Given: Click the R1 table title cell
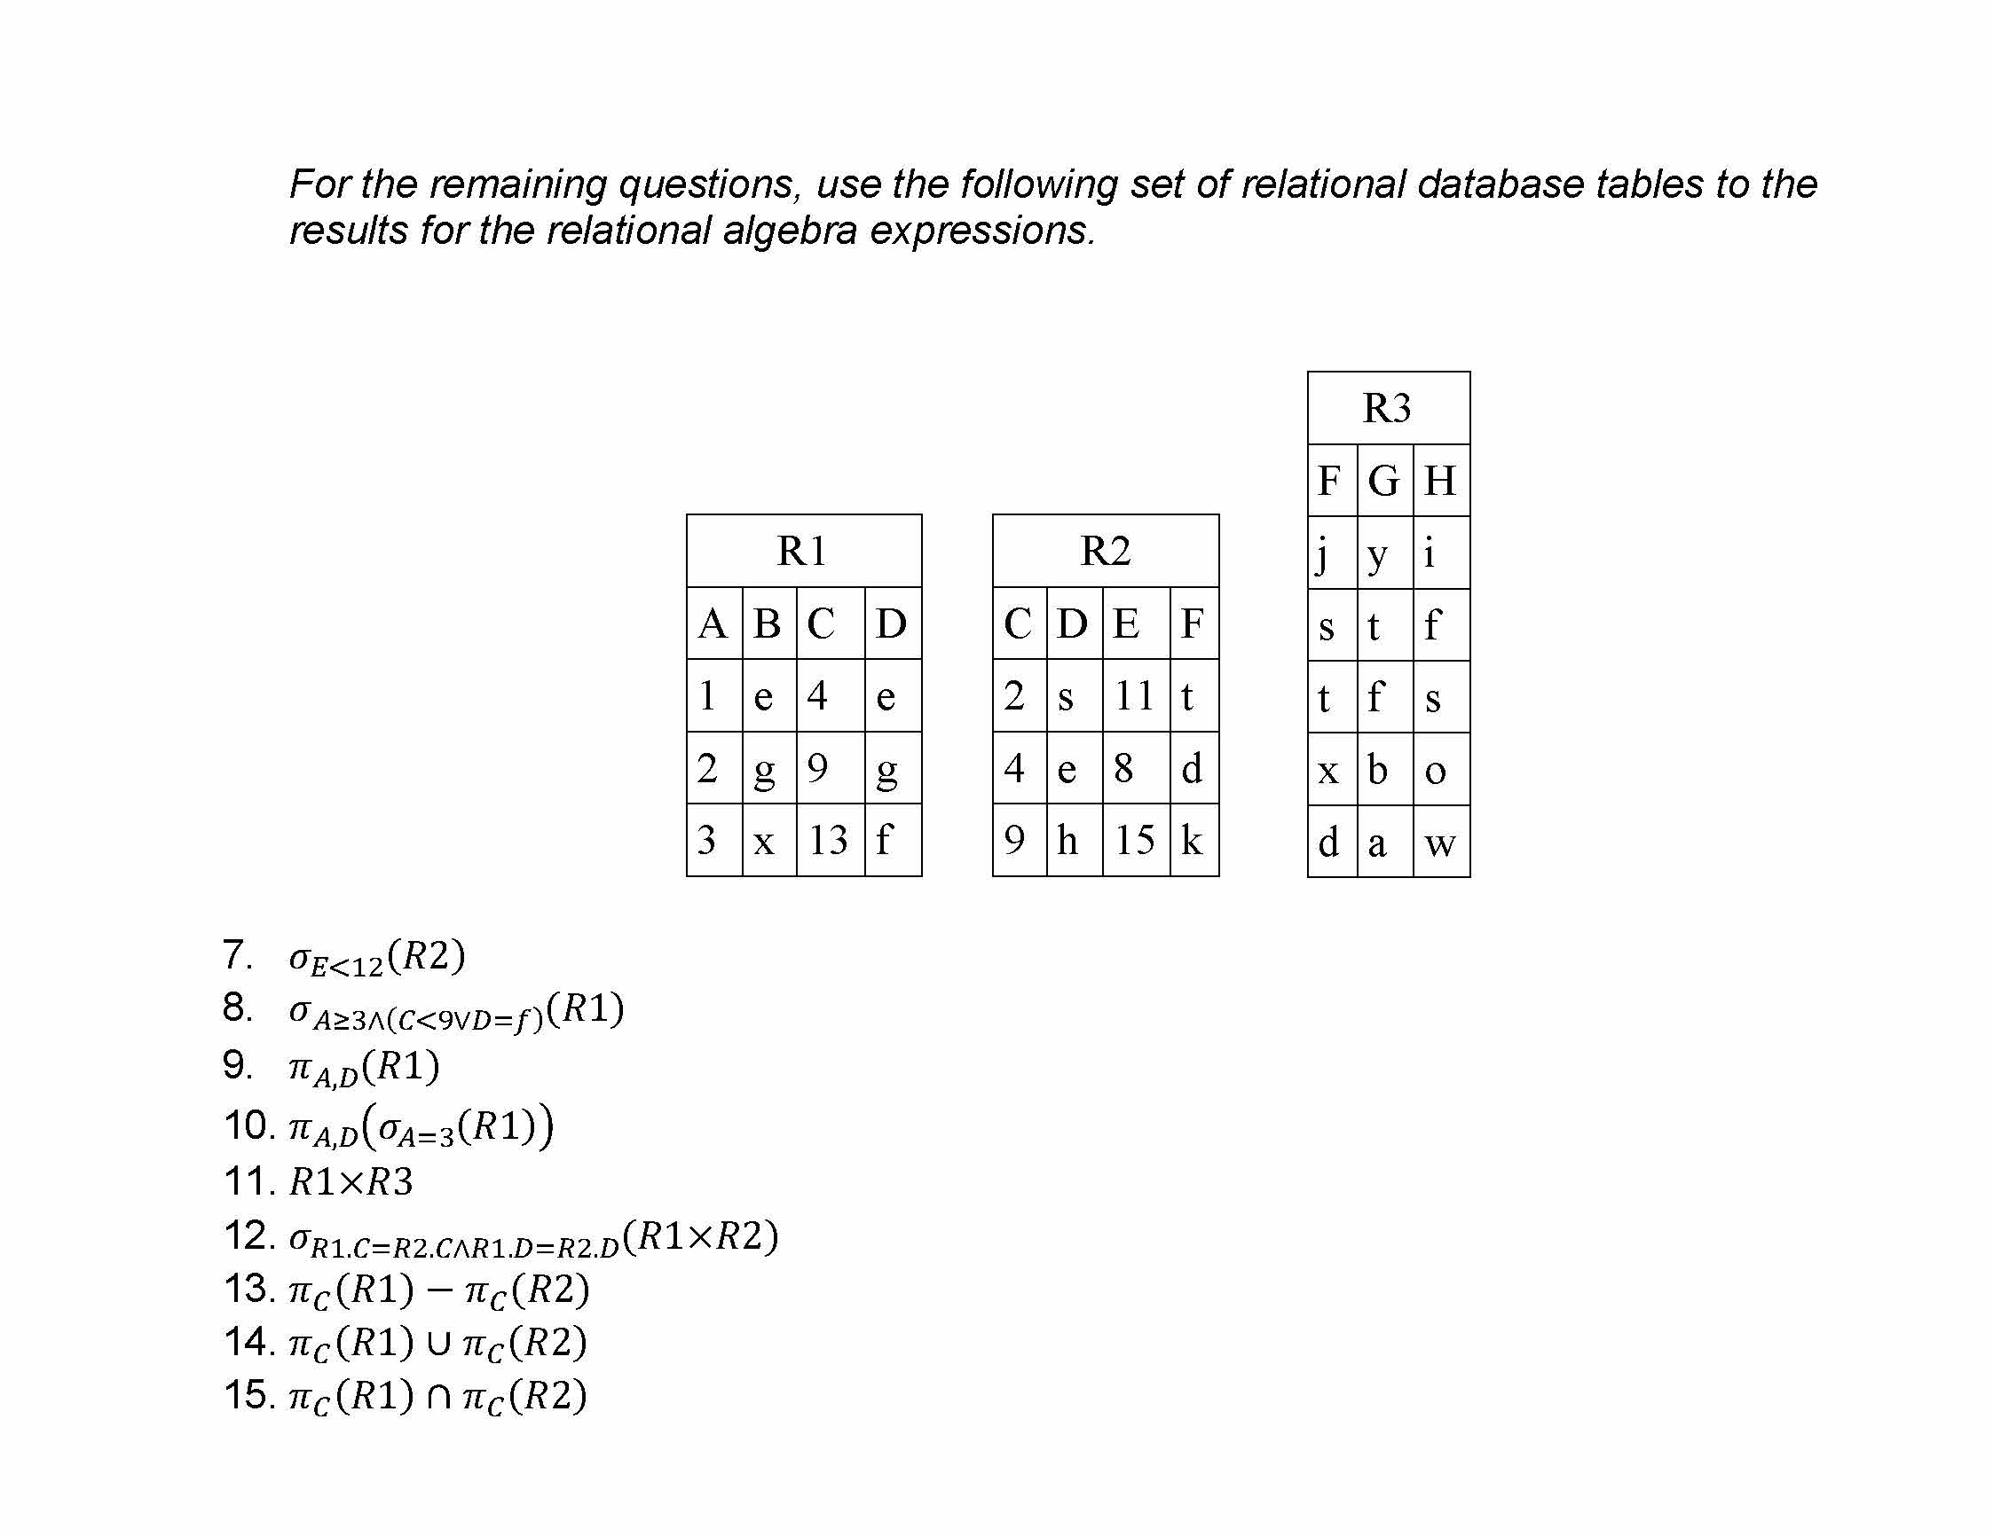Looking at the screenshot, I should (x=803, y=551).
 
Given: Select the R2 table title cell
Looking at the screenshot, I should (x=1105, y=551).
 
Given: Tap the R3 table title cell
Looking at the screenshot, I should (x=1387, y=408).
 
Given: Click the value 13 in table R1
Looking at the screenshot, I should (x=829, y=840).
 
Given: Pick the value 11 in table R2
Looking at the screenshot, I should (x=1134, y=696).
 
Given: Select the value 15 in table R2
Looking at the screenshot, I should (x=1134, y=840).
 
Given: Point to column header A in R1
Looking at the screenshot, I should (x=713, y=623).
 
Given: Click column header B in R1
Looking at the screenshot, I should (x=768, y=623).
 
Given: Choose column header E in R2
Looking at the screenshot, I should (x=1126, y=623).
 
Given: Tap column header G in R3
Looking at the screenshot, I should (x=1383, y=481).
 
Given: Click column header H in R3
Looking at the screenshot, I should (x=1440, y=481).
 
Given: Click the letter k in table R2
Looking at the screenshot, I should (x=1191, y=840).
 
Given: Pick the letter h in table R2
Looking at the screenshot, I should (x=1067, y=840).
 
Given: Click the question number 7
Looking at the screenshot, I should (x=235, y=955).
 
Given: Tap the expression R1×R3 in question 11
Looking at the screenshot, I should (x=351, y=1182).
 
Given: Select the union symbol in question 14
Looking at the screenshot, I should (x=439, y=1343).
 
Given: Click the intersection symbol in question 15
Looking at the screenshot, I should (x=439, y=1397).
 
